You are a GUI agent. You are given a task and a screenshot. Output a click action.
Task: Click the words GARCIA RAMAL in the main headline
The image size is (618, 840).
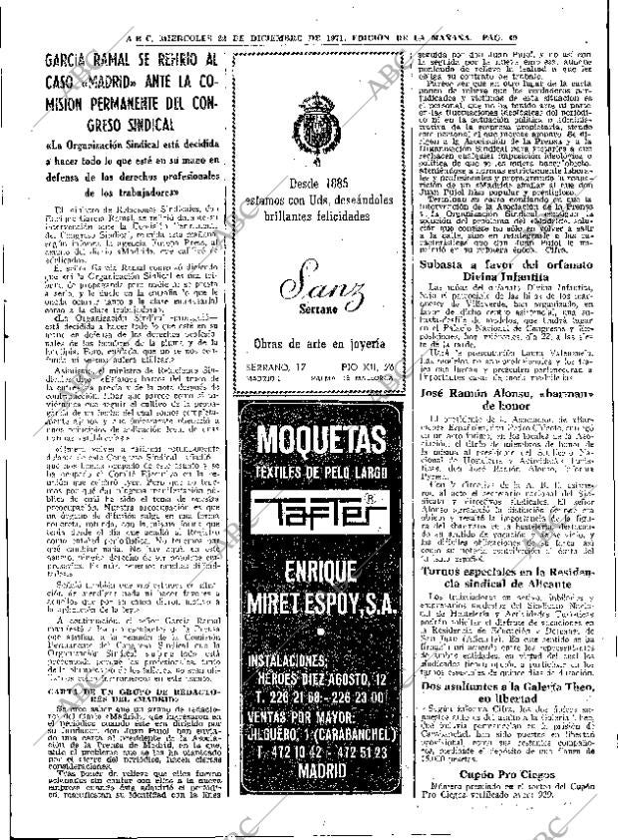101,57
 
